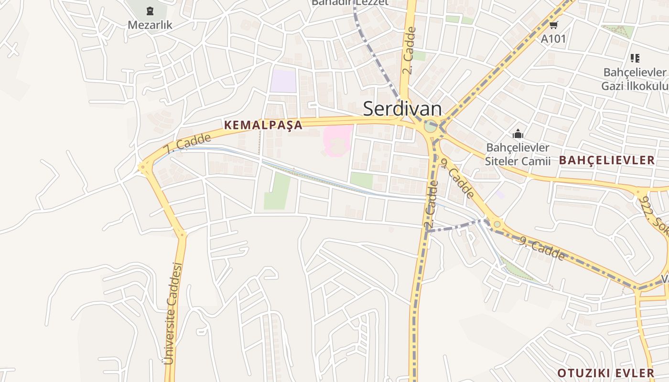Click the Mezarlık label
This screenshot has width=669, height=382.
point(150,24)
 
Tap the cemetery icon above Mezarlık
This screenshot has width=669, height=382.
point(150,11)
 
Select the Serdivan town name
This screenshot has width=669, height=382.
point(402,109)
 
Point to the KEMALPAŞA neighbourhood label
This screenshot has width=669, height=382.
point(263,125)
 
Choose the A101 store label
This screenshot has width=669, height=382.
point(553,39)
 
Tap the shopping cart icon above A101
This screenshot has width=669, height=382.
point(553,25)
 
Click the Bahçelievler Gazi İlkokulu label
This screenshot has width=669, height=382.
point(634,79)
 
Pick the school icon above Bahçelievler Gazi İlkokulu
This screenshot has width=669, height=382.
point(635,58)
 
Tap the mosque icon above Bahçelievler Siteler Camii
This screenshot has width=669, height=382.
point(518,134)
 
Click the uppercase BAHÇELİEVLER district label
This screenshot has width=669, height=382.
point(607,160)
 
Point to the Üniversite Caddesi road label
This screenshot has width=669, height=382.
point(173,313)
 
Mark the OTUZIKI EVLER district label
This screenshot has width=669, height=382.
point(606,373)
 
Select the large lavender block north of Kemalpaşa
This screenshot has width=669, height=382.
point(283,81)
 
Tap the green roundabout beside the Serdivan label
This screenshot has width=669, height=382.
point(430,127)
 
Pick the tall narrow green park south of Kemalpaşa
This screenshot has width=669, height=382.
point(277,191)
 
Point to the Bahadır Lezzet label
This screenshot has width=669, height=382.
point(350,2)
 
